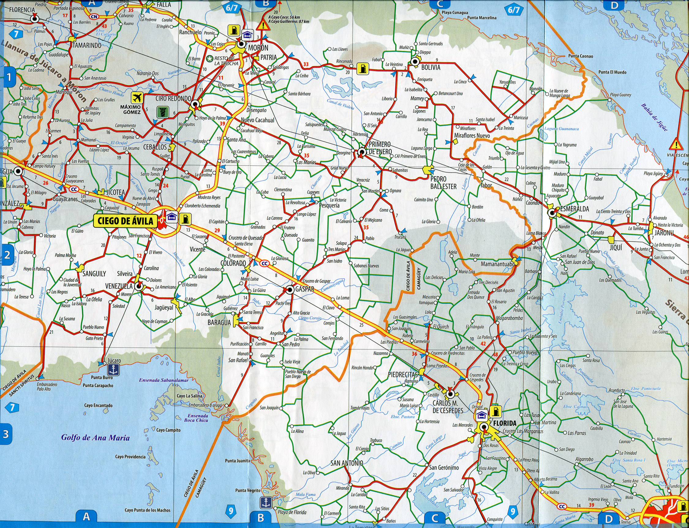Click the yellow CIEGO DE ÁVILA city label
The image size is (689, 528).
click(125, 221)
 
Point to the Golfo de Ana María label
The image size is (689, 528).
click(95, 437)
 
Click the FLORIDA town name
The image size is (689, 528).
click(505, 423)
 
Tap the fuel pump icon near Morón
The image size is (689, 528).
click(233, 30)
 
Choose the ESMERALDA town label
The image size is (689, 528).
click(574, 209)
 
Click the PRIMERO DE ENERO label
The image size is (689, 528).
click(380, 148)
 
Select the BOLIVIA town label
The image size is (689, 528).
click(431, 68)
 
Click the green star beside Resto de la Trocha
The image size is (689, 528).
click(209, 58)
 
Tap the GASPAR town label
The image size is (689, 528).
click(304, 289)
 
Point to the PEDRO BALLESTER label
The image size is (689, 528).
click(443, 183)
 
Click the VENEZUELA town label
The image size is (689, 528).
click(119, 286)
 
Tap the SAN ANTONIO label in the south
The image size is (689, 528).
click(347, 463)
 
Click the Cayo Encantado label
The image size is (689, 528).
click(98, 405)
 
